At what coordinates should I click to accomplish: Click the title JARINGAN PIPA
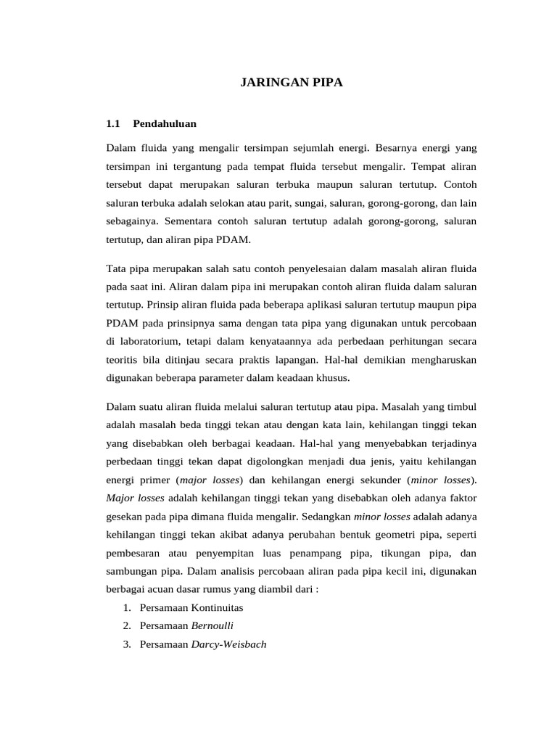(291, 83)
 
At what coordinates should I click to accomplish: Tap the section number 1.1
(112, 123)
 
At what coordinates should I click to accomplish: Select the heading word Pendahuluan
(165, 123)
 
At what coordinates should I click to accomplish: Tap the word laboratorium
(149, 341)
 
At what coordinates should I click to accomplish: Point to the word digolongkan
(310, 461)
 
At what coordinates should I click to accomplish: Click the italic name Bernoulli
(213, 625)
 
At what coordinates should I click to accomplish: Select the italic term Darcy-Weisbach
(228, 643)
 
